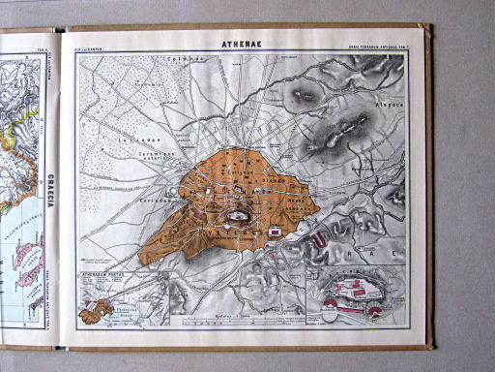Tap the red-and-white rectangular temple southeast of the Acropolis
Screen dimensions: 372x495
277,232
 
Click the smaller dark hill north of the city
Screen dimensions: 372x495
303,95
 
